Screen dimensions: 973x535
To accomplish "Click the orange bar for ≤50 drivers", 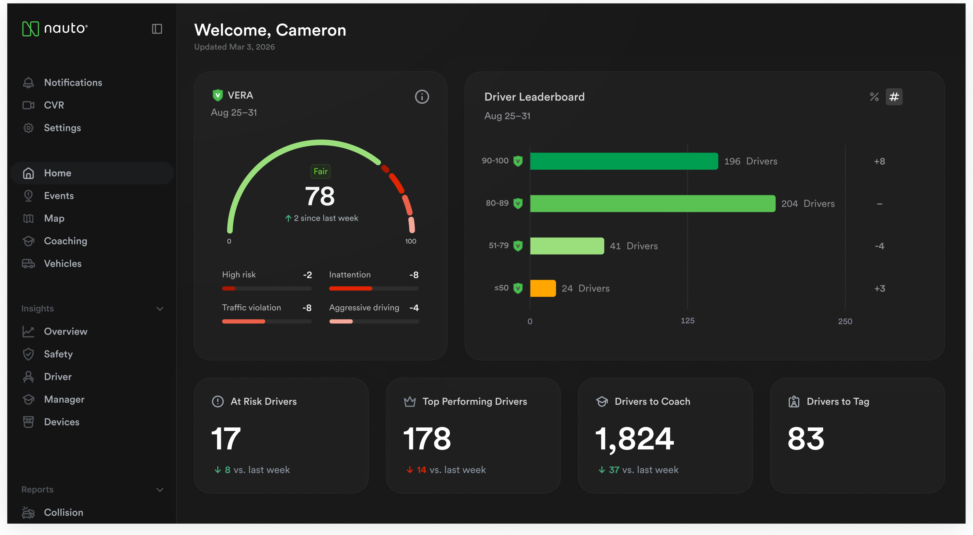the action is pyautogui.click(x=543, y=288).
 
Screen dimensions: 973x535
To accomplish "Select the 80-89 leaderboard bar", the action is pyautogui.click(x=653, y=204).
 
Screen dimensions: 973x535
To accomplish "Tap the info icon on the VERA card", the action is pyautogui.click(x=422, y=97).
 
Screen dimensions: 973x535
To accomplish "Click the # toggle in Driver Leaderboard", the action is pyautogui.click(x=894, y=97).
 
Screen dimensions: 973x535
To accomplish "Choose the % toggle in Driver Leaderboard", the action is pyautogui.click(x=874, y=97).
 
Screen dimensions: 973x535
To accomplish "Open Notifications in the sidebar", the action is pyautogui.click(x=73, y=82).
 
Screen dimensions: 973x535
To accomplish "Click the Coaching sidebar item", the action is pyautogui.click(x=65, y=241).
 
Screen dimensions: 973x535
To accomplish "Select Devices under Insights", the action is pyautogui.click(x=62, y=422).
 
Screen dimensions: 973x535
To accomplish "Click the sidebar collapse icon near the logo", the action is pyautogui.click(x=157, y=29).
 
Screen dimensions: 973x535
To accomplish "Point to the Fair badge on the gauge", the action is pyautogui.click(x=320, y=171).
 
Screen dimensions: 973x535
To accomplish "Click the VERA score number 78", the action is pyautogui.click(x=320, y=196).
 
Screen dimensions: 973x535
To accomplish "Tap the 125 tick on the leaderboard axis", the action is pyautogui.click(x=688, y=320).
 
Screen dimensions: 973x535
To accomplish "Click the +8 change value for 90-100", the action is pyautogui.click(x=879, y=161).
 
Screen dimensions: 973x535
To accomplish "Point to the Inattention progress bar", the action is pyautogui.click(x=373, y=289).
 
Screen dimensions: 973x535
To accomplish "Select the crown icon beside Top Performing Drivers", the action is pyautogui.click(x=410, y=401).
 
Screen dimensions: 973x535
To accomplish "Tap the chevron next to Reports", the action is pyautogui.click(x=160, y=490).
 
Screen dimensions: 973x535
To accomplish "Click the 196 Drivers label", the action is pyautogui.click(x=750, y=161).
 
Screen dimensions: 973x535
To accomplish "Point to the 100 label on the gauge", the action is pyautogui.click(x=411, y=241).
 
